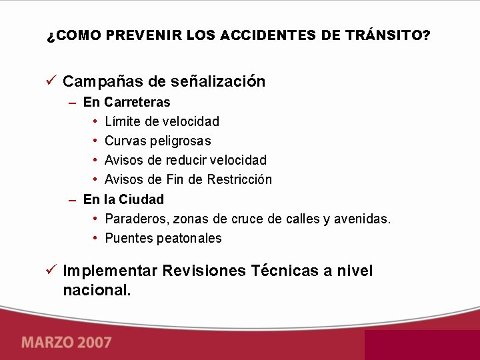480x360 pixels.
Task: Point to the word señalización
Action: pyautogui.click(x=218, y=81)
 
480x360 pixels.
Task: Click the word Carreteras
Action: pyautogui.click(x=137, y=102)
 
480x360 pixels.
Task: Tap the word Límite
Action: pyautogui.click(x=123, y=121)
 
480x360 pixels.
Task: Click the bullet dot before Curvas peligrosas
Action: pyautogui.click(x=96, y=141)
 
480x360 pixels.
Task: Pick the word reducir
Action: pyautogui.click(x=186, y=160)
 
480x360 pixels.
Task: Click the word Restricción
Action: pyautogui.click(x=239, y=179)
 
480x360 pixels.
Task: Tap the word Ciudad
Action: pyautogui.click(x=142, y=199)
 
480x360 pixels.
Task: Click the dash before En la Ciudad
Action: pyautogui.click(x=72, y=199)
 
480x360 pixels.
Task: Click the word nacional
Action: pyautogui.click(x=97, y=290)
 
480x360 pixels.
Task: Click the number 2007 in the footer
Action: pyautogui.click(x=93, y=343)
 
